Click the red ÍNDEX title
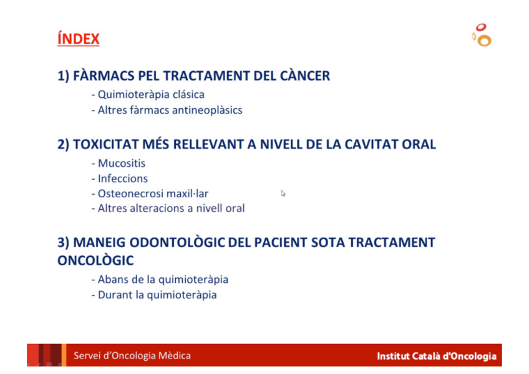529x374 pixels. tap(78, 39)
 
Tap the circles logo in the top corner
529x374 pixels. tap(482, 35)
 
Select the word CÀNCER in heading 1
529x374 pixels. tap(305, 76)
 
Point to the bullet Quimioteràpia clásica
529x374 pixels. tap(148, 94)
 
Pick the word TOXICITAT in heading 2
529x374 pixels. tap(105, 144)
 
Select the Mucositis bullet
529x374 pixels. tap(119, 164)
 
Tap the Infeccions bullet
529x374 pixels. tap(119, 179)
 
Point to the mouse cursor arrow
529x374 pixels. tap(283, 194)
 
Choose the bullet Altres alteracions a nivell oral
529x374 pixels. tap(168, 209)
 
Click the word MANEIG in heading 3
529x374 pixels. tap(99, 242)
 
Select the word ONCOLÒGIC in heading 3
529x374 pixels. tap(95, 260)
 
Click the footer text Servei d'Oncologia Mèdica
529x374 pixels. tap(132, 355)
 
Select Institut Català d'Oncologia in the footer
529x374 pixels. tap(437, 356)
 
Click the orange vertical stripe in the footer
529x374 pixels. tap(64, 355)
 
